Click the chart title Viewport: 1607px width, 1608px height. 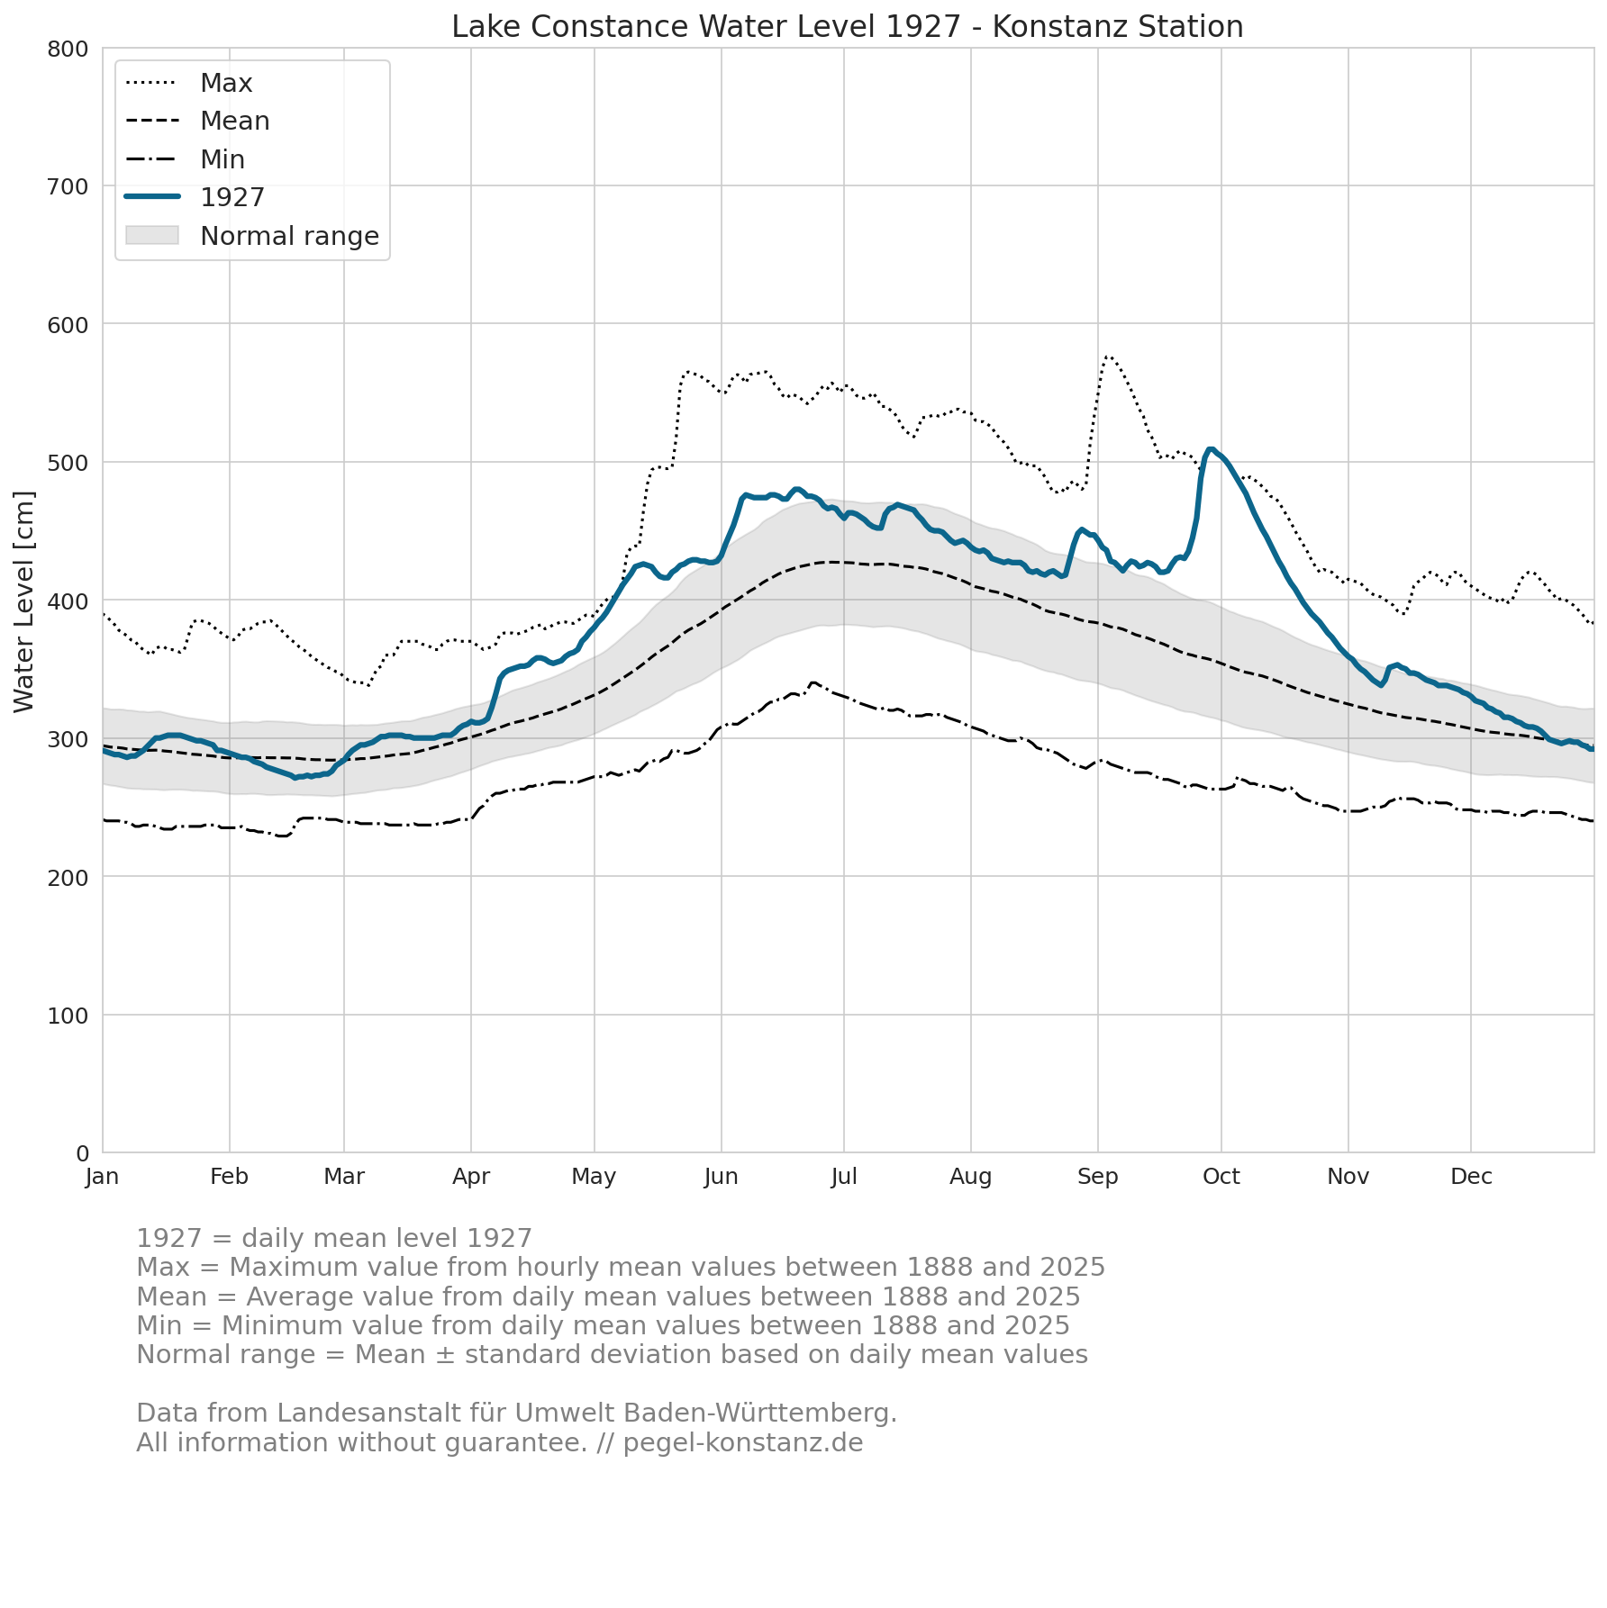(847, 27)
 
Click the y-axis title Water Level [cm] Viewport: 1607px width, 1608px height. (24, 601)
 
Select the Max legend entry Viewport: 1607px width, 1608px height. (189, 83)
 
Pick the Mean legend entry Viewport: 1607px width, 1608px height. (197, 121)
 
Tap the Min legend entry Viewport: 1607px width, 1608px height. (186, 159)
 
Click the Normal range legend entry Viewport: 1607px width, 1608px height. (252, 236)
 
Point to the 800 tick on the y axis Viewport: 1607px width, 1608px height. (68, 49)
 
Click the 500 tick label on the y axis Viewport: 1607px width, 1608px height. (68, 463)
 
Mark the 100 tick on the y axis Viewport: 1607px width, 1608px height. (68, 1016)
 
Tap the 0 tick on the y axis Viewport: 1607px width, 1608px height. (82, 1153)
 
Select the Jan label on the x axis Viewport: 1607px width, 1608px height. (103, 1177)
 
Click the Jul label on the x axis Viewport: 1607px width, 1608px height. (844, 1177)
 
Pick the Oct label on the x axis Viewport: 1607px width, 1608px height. (1221, 1177)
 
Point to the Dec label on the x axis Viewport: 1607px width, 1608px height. (1471, 1177)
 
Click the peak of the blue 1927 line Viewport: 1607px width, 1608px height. (1211, 448)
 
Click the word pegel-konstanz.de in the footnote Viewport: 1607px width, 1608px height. (743, 1443)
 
